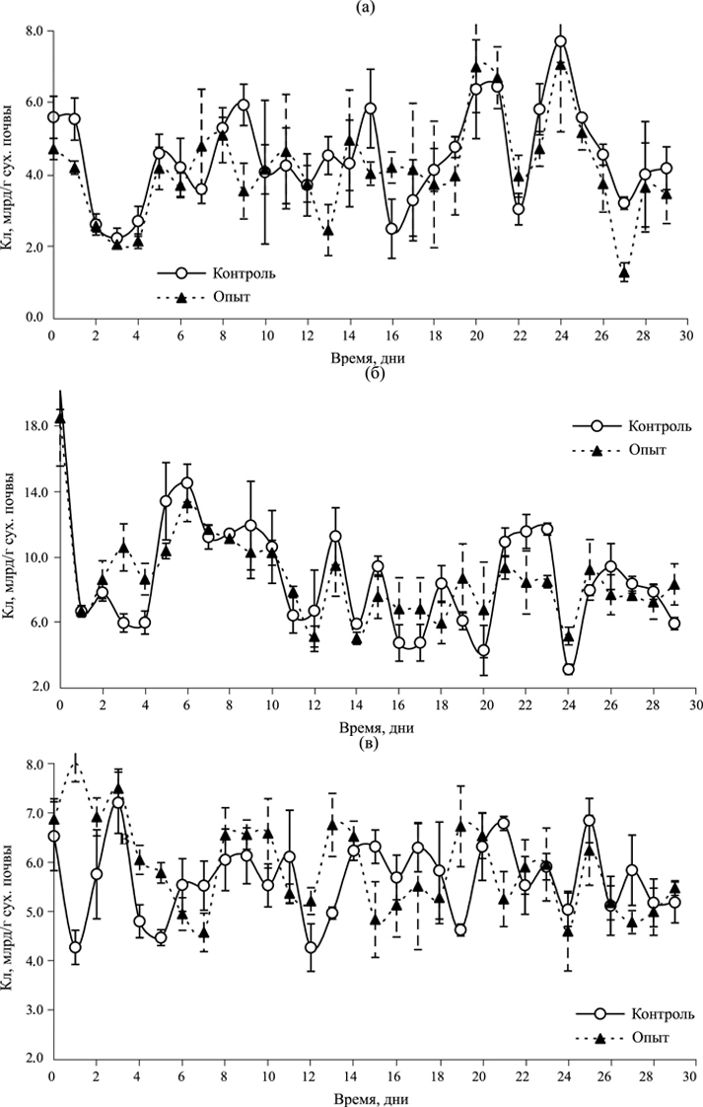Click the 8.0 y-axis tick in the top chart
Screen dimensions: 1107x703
point(32,31)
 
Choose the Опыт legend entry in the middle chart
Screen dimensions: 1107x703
point(643,450)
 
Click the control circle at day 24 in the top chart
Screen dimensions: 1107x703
point(560,41)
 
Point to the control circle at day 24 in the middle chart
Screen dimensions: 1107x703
point(569,669)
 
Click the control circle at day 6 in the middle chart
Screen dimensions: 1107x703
point(186,483)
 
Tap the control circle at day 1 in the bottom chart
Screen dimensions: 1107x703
point(74,947)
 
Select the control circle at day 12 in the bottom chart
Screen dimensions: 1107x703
point(311,948)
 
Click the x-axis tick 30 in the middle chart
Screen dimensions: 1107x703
point(694,705)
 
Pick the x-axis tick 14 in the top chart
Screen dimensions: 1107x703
point(349,334)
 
